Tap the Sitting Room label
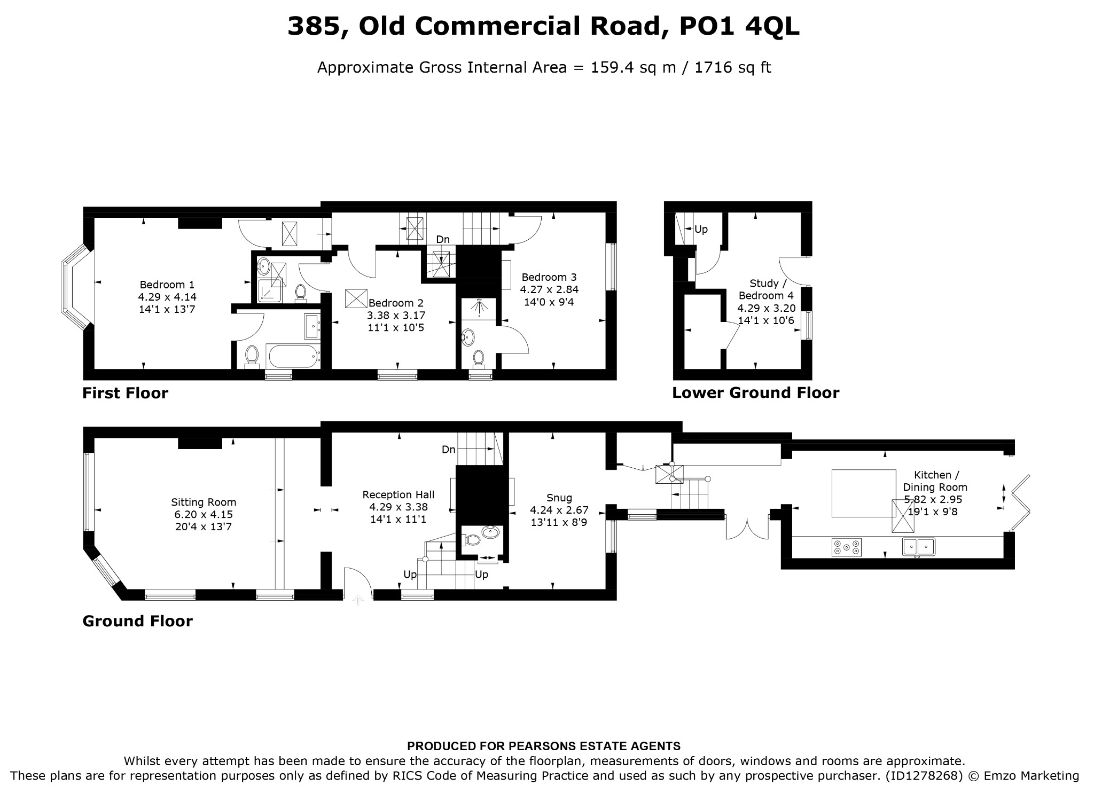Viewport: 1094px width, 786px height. click(x=204, y=502)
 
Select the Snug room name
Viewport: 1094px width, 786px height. click(x=559, y=498)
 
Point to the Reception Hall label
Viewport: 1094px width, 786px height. click(x=398, y=495)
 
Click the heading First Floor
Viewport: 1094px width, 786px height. click(x=125, y=394)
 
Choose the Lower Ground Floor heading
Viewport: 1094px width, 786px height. click(x=755, y=393)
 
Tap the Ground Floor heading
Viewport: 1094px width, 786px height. click(x=137, y=621)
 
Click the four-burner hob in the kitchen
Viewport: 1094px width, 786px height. click(x=847, y=547)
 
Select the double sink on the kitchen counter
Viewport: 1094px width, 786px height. click(x=919, y=547)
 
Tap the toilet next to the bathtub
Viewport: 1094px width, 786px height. click(x=252, y=356)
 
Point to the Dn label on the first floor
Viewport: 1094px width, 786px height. click(x=443, y=240)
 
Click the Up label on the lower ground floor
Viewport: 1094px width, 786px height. click(x=701, y=230)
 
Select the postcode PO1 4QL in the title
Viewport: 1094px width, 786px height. click(x=739, y=26)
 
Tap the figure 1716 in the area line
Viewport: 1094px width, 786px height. click(x=708, y=68)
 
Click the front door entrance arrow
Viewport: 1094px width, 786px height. click(x=358, y=600)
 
